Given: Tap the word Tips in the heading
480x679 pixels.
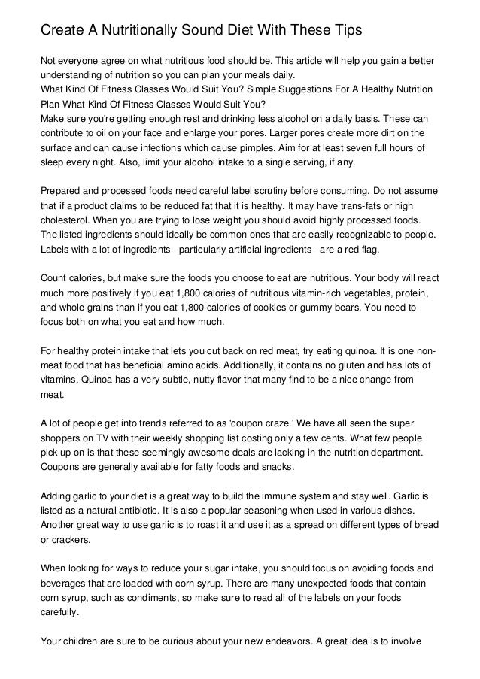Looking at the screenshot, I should [x=343, y=30].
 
